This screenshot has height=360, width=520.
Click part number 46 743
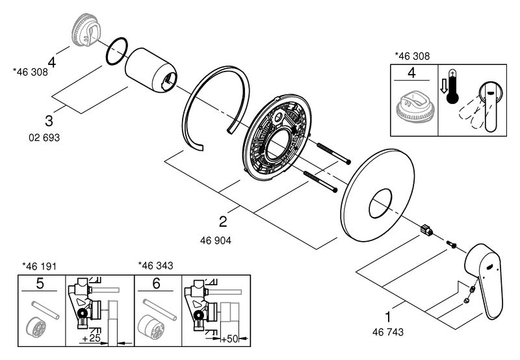point(387,332)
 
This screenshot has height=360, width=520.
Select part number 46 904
point(216,240)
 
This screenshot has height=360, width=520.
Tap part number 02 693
point(44,137)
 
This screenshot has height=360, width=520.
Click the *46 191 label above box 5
point(39,266)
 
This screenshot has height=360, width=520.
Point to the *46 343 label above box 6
point(155,266)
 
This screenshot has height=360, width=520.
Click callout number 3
point(49,121)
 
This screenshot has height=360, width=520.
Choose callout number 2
point(223,222)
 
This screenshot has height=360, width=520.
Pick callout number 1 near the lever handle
point(387,317)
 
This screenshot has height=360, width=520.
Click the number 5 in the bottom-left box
point(40,283)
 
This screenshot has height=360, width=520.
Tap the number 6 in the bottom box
point(156,283)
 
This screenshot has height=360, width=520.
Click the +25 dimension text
point(91,338)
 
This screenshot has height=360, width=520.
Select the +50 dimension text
point(230,339)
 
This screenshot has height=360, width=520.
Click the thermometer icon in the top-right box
point(452,86)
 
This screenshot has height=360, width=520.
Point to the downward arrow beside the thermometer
point(443,88)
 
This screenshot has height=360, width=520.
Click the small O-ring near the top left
point(117,51)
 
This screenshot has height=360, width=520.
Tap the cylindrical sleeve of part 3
point(151,70)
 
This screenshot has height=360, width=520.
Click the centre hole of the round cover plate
point(380,203)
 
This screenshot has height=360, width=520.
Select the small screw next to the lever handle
point(451,244)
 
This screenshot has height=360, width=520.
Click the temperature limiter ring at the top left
point(85,30)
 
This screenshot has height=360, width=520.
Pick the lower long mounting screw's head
point(335,190)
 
